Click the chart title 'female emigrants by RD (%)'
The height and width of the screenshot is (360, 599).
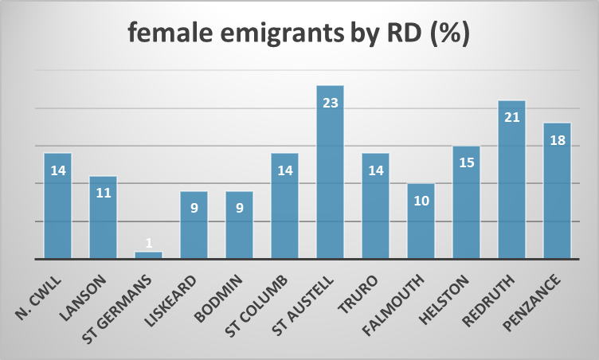tap(299, 36)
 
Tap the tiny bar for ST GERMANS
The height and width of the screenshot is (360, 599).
tap(148, 255)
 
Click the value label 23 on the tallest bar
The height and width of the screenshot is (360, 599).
tap(330, 104)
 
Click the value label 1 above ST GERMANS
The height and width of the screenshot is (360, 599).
tap(148, 241)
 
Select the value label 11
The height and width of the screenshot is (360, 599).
tap(103, 194)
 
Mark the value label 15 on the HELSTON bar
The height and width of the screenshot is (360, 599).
tap(467, 164)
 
